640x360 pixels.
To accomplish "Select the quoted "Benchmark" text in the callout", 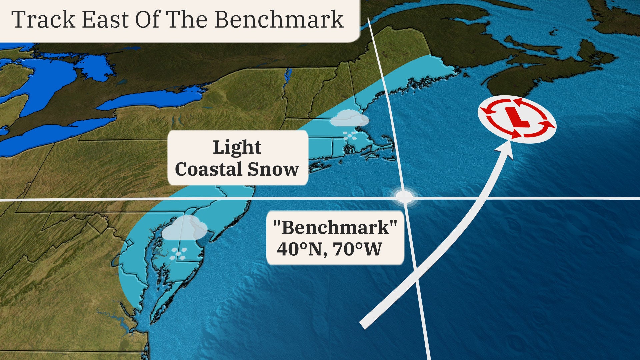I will [335, 228].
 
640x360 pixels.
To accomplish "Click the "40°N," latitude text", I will [302, 249].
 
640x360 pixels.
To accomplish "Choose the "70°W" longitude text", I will [357, 249].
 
